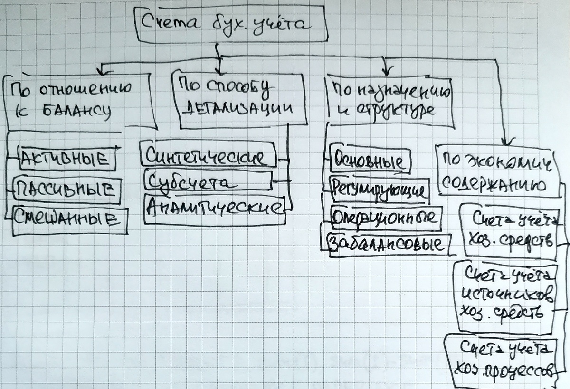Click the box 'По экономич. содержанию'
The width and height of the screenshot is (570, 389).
point(497,171)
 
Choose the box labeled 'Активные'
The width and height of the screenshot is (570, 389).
point(66,159)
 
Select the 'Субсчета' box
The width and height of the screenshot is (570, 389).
point(208,182)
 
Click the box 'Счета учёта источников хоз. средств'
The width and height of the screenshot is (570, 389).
point(505,296)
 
